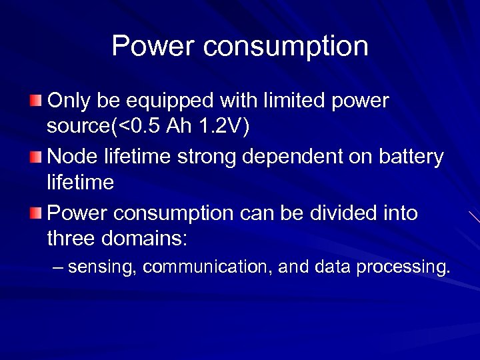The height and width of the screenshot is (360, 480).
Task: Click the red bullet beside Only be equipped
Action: (35, 101)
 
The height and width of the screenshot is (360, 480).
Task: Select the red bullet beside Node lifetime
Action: (35, 157)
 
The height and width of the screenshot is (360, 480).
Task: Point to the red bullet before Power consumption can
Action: (35, 213)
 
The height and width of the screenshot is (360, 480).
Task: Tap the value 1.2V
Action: (225, 127)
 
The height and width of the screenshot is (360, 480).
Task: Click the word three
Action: (73, 238)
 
